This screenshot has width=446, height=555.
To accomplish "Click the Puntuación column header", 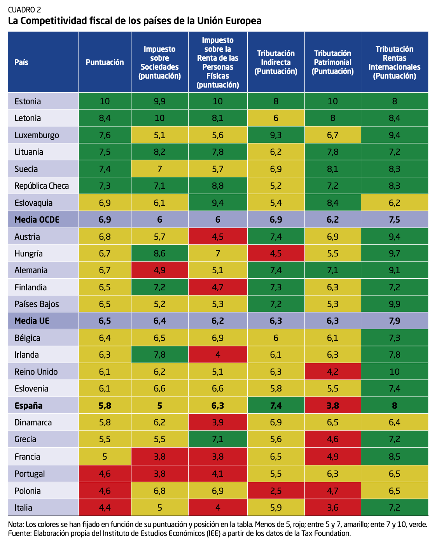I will pos(105,62).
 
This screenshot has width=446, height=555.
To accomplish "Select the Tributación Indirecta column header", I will pos(276,62).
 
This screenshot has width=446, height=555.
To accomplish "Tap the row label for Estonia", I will pos(28,101).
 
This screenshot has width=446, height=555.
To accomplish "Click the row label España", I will pos(28,406).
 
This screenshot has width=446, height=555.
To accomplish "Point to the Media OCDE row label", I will pos(37,220).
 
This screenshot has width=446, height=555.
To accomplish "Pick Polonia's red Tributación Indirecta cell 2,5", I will pos(276,491).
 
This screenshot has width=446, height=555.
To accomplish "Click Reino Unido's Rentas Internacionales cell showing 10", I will pos(394,372).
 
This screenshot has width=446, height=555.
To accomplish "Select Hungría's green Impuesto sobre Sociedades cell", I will pos(159,253).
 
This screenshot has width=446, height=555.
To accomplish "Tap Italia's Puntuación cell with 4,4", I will pos(105,508).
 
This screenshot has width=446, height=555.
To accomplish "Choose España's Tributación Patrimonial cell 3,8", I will pos(332,406).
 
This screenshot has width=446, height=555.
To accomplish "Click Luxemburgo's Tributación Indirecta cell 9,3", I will pos(276,135).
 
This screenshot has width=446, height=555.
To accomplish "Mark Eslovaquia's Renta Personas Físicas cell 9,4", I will pos(217,203).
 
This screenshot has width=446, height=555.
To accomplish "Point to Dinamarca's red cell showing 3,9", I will pos(217,422).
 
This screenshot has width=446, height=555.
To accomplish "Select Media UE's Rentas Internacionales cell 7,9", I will pos(394,321).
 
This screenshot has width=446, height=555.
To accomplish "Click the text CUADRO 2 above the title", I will pos(24,10).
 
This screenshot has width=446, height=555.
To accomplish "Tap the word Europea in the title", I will pos(244,21).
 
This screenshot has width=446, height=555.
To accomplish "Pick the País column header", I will pos(21,62).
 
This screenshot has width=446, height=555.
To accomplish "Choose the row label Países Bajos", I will pos(37,304).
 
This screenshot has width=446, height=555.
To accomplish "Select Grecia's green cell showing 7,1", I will pos(217,439).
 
